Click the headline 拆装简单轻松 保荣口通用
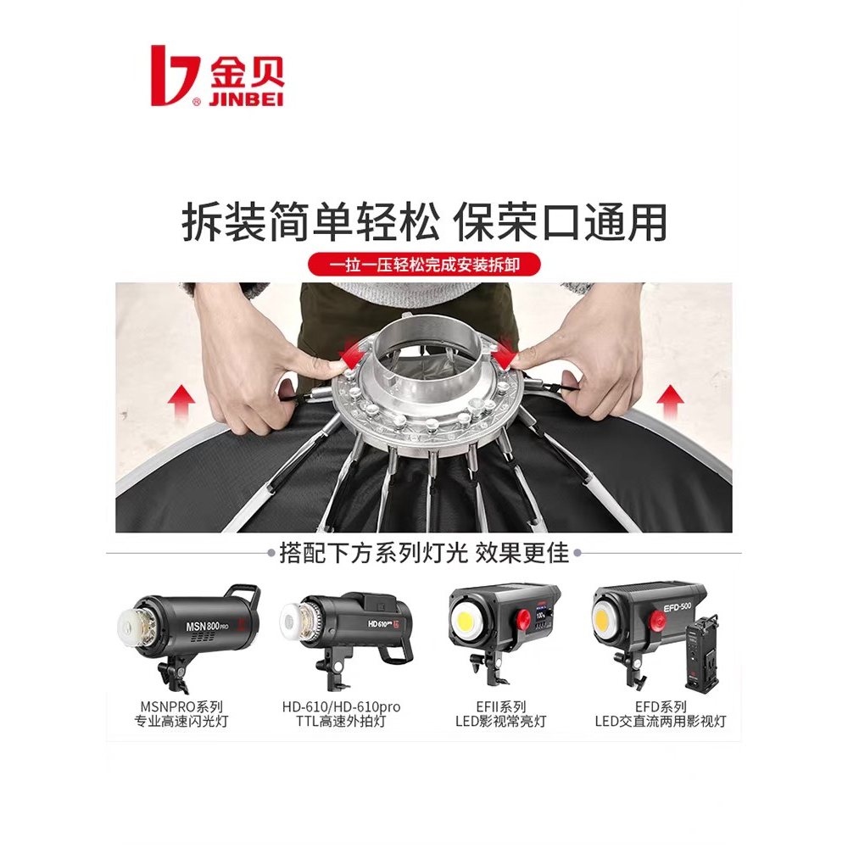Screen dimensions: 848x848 424,223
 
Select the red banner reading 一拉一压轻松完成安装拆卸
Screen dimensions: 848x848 424,265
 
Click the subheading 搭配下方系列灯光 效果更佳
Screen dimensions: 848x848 424,554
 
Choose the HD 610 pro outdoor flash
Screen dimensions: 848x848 348,632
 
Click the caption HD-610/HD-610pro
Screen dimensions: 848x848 341,706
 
